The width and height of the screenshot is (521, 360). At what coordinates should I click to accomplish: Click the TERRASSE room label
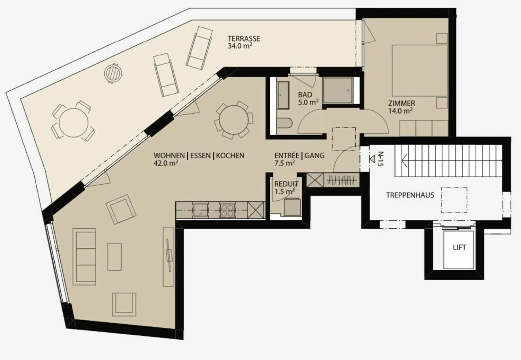244,39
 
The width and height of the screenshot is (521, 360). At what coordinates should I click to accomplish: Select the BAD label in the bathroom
305,95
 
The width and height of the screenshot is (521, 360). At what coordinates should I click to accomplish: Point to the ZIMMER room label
402,103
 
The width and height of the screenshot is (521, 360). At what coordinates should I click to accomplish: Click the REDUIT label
286,184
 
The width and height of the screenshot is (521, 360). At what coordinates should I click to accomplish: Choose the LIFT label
459,247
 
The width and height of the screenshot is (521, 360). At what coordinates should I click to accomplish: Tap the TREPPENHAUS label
410,195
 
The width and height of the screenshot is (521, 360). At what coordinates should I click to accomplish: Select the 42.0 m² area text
166,163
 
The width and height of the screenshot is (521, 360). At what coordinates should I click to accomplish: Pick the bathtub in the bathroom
283,95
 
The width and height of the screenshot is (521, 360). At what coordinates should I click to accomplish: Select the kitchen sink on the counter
200,210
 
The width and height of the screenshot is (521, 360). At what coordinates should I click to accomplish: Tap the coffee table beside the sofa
115,257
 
